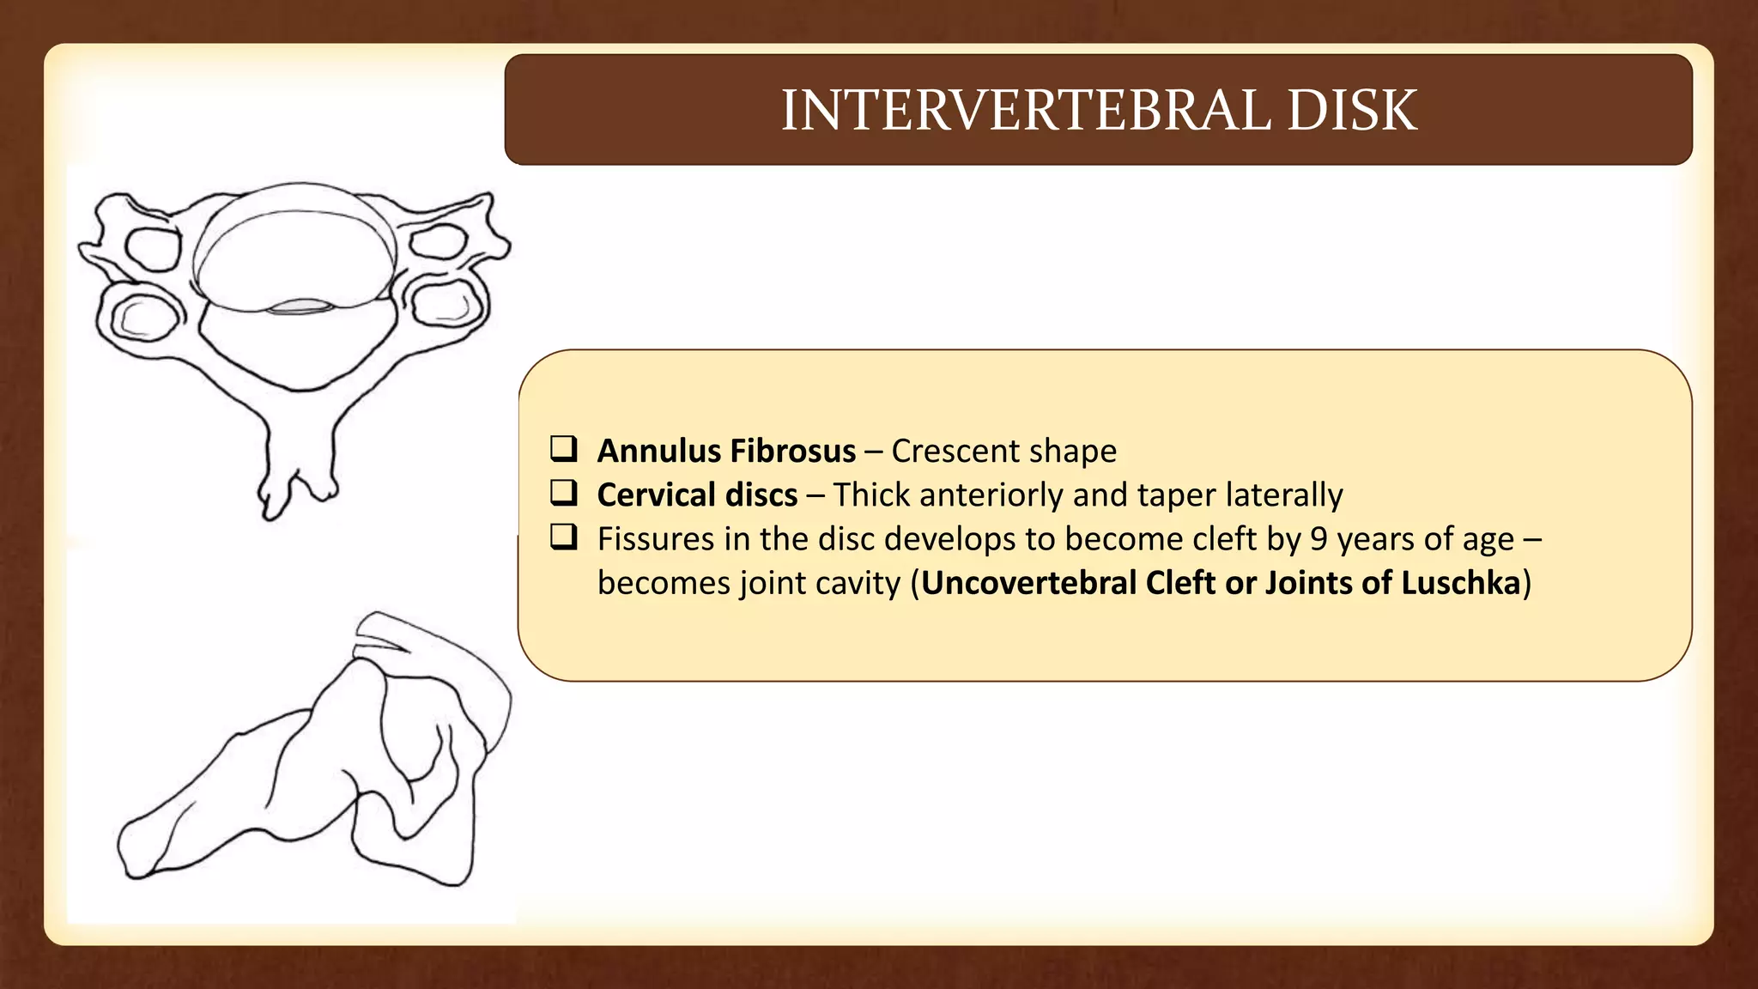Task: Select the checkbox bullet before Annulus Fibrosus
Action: coord(564,449)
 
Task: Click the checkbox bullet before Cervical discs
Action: coord(564,493)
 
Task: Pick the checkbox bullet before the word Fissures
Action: coord(564,537)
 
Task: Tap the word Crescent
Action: coord(952,451)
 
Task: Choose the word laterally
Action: coord(1284,495)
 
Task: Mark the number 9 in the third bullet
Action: coord(1318,539)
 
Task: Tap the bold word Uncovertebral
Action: coord(1029,583)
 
